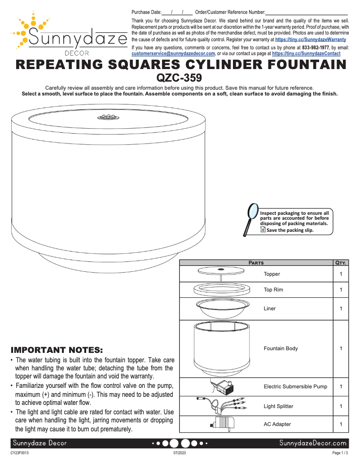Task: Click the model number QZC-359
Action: (x=180, y=78)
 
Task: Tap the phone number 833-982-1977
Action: (x=316, y=47)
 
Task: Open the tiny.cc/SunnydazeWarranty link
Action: (x=310, y=39)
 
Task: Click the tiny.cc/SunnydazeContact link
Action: (x=306, y=53)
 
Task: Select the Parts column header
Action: (x=256, y=263)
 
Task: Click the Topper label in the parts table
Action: (x=272, y=274)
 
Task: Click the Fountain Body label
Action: (x=281, y=348)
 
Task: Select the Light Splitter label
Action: (x=278, y=406)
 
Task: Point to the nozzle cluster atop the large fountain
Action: (x=106, y=117)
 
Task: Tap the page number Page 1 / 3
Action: (x=340, y=453)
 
